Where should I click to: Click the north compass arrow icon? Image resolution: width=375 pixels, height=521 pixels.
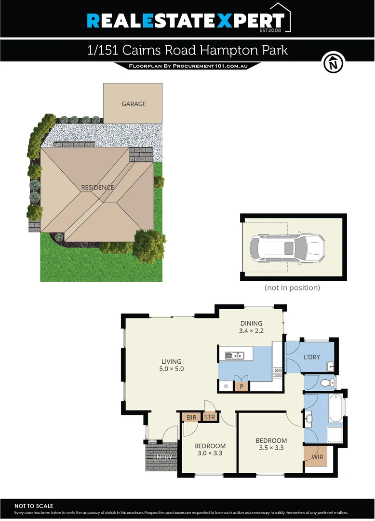333,63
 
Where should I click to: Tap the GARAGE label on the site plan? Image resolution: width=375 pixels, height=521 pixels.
134,104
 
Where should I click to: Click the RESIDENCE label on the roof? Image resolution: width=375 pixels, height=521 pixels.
97,188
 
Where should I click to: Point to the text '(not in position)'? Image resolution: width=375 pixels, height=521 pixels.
292,288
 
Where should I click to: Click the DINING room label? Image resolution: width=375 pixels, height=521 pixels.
251,324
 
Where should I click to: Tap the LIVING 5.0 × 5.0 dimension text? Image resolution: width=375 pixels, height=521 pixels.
172,369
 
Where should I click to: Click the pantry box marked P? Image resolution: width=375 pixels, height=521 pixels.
241,386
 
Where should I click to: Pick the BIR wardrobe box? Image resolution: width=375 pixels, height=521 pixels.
191,417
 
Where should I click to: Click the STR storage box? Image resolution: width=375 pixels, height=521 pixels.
209,417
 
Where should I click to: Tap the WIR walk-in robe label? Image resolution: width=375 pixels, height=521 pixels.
317,457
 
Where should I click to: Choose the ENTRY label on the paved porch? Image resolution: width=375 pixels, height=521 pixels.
162,457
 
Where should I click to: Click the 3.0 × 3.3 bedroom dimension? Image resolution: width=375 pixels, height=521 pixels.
210,453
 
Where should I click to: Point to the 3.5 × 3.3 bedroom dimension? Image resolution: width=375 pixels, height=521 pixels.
271,448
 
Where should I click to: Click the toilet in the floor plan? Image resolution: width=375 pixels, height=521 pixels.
327,383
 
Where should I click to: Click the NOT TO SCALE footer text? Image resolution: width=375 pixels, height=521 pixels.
34,506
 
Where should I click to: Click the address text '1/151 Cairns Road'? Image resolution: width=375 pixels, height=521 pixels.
135,51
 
